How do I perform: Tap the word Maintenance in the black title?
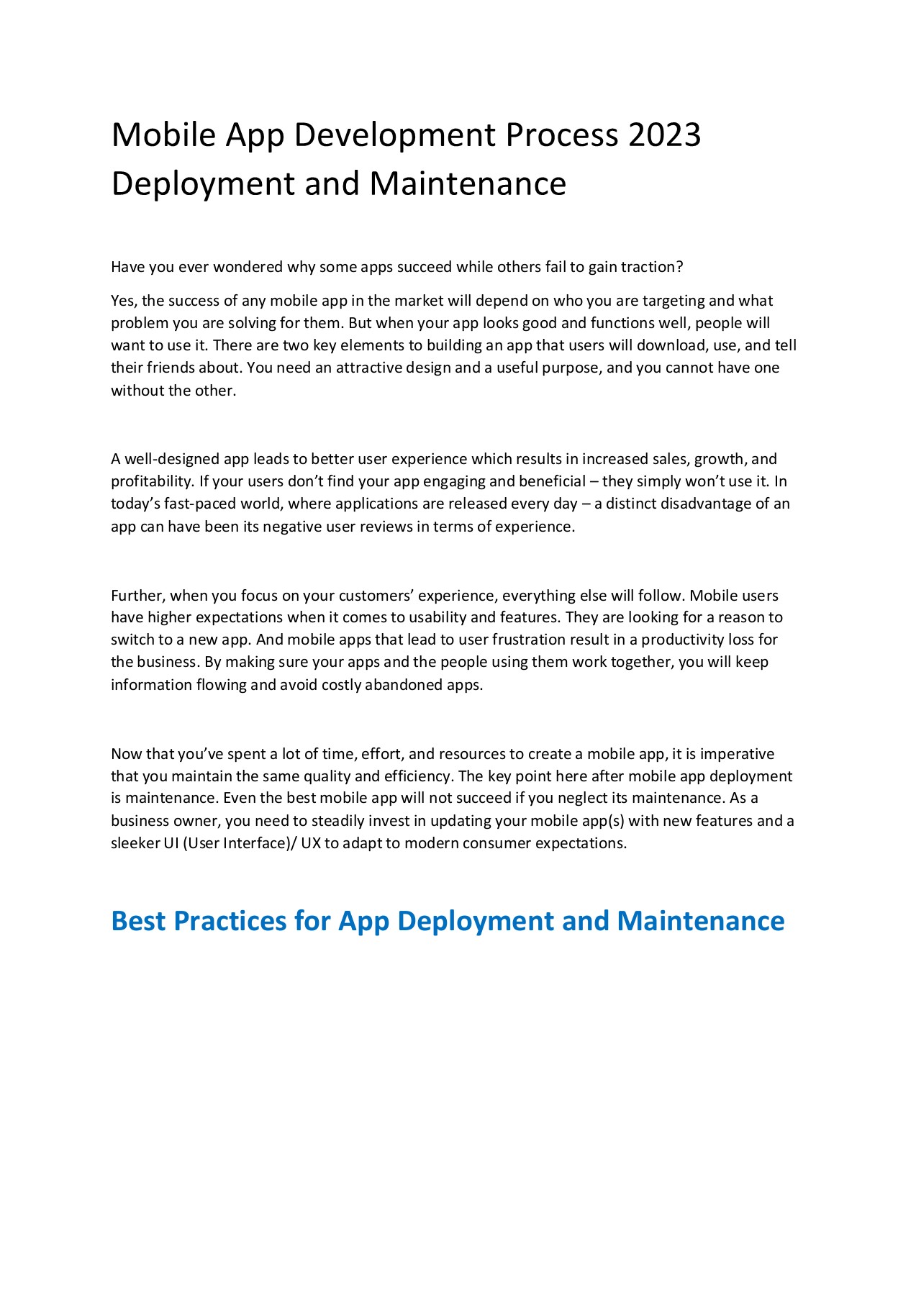(x=468, y=183)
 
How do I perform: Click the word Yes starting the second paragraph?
(x=122, y=301)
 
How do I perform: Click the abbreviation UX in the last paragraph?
(x=310, y=843)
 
